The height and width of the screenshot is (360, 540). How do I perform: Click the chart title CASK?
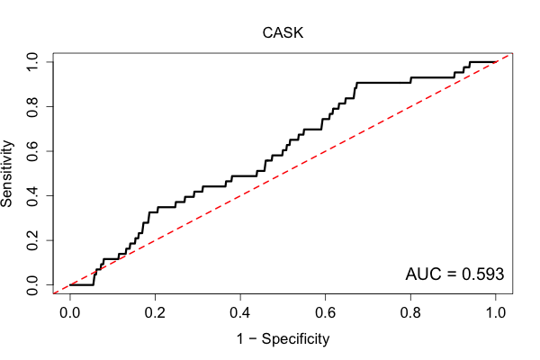pyautogui.click(x=283, y=33)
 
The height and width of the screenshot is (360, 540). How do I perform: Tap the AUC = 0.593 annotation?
pyautogui.click(x=454, y=274)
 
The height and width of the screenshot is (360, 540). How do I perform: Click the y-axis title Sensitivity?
pyautogui.click(x=6, y=174)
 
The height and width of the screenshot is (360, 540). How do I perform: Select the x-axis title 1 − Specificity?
pyautogui.click(x=283, y=339)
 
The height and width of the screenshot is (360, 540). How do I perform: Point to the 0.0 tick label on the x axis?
pyautogui.click(x=70, y=313)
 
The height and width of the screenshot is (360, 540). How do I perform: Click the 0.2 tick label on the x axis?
pyautogui.click(x=155, y=313)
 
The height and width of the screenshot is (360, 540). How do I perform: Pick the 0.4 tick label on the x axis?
pyautogui.click(x=240, y=313)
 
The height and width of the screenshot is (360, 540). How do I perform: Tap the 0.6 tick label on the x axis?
pyautogui.click(x=325, y=313)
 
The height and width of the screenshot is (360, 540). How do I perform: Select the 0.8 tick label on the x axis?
pyautogui.click(x=410, y=313)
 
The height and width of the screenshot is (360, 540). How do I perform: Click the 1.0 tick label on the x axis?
pyautogui.click(x=496, y=313)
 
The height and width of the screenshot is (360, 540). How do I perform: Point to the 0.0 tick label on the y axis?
pyautogui.click(x=32, y=285)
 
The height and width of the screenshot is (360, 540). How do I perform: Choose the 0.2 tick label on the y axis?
pyautogui.click(x=32, y=240)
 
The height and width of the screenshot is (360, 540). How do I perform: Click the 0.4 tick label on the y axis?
pyautogui.click(x=32, y=196)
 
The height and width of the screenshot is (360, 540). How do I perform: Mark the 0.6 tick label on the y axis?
pyautogui.click(x=32, y=151)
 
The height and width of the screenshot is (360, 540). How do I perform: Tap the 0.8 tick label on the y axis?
pyautogui.click(x=32, y=107)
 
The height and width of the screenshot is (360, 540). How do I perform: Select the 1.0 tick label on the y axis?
pyautogui.click(x=32, y=62)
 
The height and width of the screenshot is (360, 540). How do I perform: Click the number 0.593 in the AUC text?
pyautogui.click(x=482, y=274)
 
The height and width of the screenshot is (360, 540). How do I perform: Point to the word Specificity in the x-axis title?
pyautogui.click(x=295, y=339)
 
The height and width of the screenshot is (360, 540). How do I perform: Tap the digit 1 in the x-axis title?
pyautogui.click(x=240, y=338)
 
